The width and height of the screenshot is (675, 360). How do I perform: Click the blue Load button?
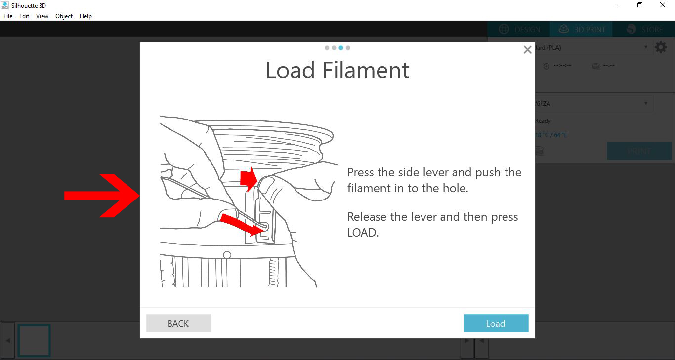496,323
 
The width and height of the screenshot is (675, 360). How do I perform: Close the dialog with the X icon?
527,50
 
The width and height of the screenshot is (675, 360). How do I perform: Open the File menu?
8,16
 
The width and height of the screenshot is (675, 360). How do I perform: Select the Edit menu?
24,16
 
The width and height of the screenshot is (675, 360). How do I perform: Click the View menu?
42,16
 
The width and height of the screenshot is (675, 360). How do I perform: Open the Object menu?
64,16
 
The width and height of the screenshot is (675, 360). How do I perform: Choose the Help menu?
85,16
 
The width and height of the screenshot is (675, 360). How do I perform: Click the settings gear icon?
661,47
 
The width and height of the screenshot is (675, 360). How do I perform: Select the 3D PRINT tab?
582,30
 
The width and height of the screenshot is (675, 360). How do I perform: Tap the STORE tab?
644,30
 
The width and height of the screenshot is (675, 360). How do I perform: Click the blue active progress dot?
341,48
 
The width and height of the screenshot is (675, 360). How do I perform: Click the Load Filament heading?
337,70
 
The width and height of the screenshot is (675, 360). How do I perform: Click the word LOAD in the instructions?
362,233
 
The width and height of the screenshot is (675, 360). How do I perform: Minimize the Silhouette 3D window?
618,5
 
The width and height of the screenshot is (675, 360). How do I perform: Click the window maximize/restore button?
640,5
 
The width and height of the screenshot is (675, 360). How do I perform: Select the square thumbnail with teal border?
34,340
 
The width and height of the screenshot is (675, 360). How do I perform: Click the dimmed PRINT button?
639,151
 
